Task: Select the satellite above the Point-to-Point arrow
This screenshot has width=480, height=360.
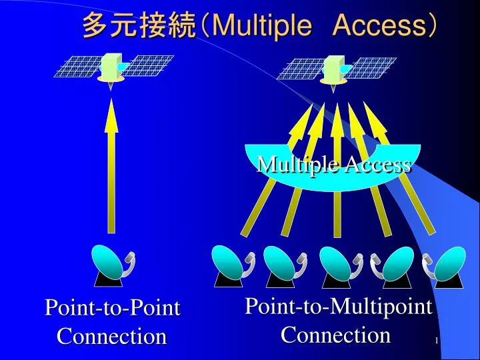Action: (111, 67)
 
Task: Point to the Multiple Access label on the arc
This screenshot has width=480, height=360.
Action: (333, 164)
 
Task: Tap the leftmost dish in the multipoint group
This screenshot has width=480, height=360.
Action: (230, 265)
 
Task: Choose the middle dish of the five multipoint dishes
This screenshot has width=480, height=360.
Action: (338, 265)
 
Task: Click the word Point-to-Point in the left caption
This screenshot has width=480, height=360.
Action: (113, 309)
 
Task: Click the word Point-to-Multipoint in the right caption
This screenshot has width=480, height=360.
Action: (339, 307)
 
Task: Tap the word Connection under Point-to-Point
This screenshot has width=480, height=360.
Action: (111, 336)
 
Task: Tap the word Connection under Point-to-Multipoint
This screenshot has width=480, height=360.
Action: (335, 334)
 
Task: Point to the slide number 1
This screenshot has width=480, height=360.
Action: (436, 341)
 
